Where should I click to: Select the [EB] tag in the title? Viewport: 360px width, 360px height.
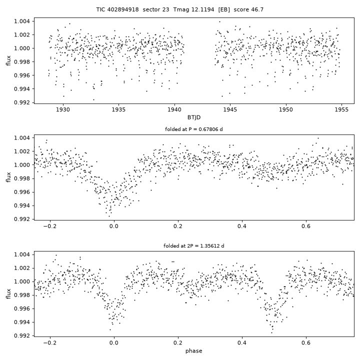(x=224, y=9)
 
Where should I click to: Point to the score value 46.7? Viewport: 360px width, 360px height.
(x=256, y=9)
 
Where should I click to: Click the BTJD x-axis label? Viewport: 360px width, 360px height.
(x=194, y=117)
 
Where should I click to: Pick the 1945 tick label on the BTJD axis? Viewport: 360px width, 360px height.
(x=230, y=109)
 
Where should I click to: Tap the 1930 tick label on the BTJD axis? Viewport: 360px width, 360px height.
(x=63, y=109)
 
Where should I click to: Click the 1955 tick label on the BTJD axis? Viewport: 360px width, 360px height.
(x=341, y=109)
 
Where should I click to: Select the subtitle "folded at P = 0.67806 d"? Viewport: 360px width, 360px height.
(x=194, y=129)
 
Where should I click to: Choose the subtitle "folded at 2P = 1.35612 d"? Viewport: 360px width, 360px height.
(x=194, y=246)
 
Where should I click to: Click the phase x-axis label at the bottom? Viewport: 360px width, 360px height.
(x=194, y=351)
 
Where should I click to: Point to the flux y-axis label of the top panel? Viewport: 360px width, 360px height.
(x=8, y=60)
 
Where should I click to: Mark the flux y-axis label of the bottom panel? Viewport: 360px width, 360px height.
(x=8, y=294)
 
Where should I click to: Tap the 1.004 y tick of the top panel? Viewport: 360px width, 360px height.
(x=22, y=21)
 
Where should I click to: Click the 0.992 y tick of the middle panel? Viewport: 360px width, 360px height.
(x=22, y=219)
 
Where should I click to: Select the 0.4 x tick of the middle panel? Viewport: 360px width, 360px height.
(x=242, y=226)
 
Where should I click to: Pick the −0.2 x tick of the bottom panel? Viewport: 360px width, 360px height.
(x=50, y=343)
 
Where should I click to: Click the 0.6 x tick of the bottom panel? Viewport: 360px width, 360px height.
(x=306, y=343)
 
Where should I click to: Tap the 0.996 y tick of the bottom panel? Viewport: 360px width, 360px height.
(x=22, y=309)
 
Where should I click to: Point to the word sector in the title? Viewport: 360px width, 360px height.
(x=150, y=9)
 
